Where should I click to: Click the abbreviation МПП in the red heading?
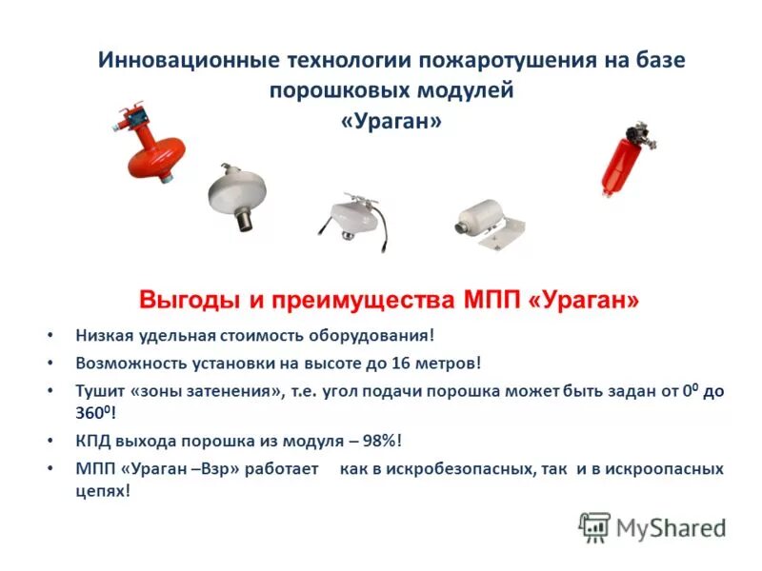coord(489,301)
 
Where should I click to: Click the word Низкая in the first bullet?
coord(104,336)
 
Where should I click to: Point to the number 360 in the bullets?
coord(91,415)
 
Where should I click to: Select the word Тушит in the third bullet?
coord(98,390)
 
